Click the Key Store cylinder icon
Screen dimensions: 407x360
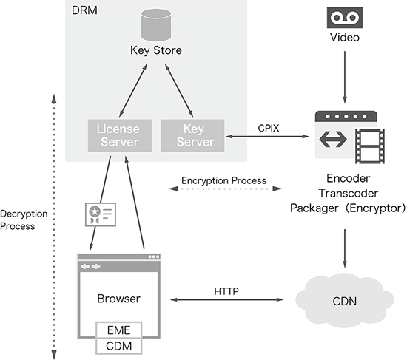click(x=156, y=25)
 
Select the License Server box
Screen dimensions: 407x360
click(x=120, y=135)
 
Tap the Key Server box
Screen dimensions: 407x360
click(x=192, y=135)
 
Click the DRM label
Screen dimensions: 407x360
click(x=84, y=10)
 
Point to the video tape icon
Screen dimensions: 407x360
click(x=345, y=18)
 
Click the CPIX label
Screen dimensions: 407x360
click(x=269, y=128)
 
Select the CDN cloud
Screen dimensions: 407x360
click(x=345, y=300)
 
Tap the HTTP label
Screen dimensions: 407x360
click(x=226, y=291)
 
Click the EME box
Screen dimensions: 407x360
click(x=119, y=330)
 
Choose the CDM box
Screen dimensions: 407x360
click(x=119, y=346)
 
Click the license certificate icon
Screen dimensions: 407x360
click(x=101, y=214)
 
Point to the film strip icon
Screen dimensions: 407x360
click(x=370, y=146)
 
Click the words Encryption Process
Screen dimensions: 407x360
click(x=223, y=180)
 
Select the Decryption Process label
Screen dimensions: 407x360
click(x=24, y=220)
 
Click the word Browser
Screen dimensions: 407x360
click(x=119, y=299)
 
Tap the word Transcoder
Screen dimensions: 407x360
click(x=349, y=193)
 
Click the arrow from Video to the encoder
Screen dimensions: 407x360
click(x=345, y=78)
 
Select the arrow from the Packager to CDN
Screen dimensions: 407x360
click(x=345, y=248)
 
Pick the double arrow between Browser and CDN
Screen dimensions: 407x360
click(x=226, y=299)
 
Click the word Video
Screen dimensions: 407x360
click(x=345, y=38)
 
